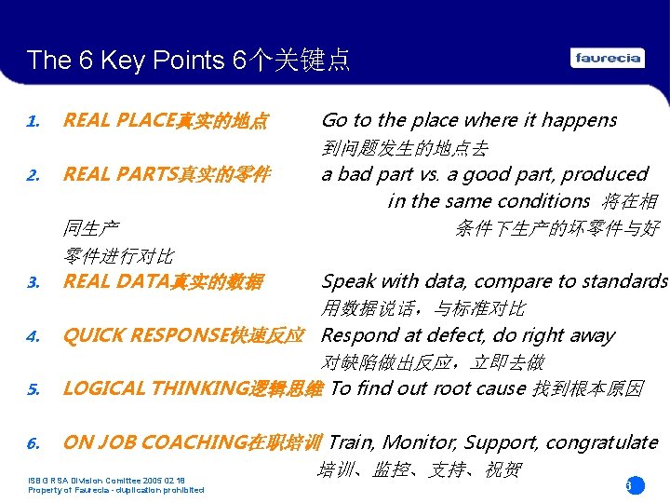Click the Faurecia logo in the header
point(608,58)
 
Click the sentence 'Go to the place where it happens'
point(468,120)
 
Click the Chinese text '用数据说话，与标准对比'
point(423,308)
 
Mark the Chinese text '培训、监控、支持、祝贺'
point(420,469)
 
